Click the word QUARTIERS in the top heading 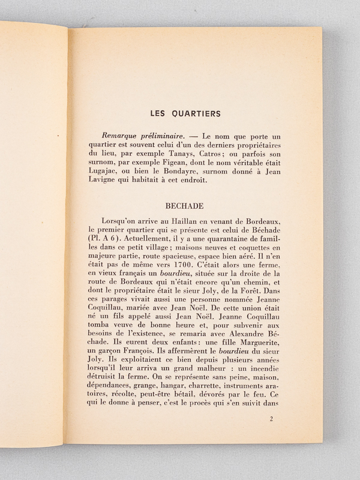(x=195, y=112)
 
